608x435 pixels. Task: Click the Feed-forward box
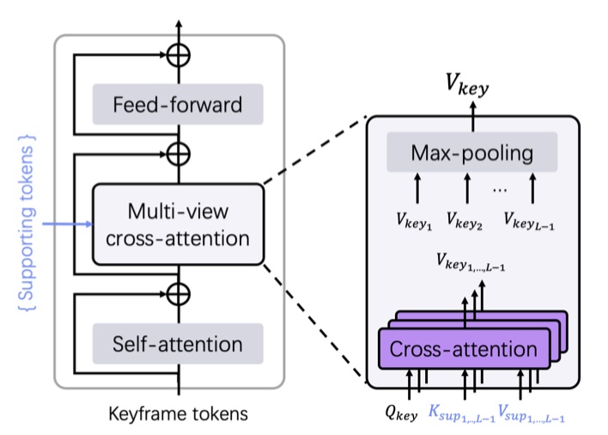pos(178,107)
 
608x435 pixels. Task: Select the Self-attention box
pos(178,344)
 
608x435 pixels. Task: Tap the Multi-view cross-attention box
pos(178,223)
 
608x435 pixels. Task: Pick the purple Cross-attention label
pos(465,349)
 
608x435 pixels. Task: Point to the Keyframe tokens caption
pos(179,414)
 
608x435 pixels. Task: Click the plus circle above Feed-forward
pos(179,53)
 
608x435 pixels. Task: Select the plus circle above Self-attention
pos(179,293)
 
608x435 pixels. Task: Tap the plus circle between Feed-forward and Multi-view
pos(179,153)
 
